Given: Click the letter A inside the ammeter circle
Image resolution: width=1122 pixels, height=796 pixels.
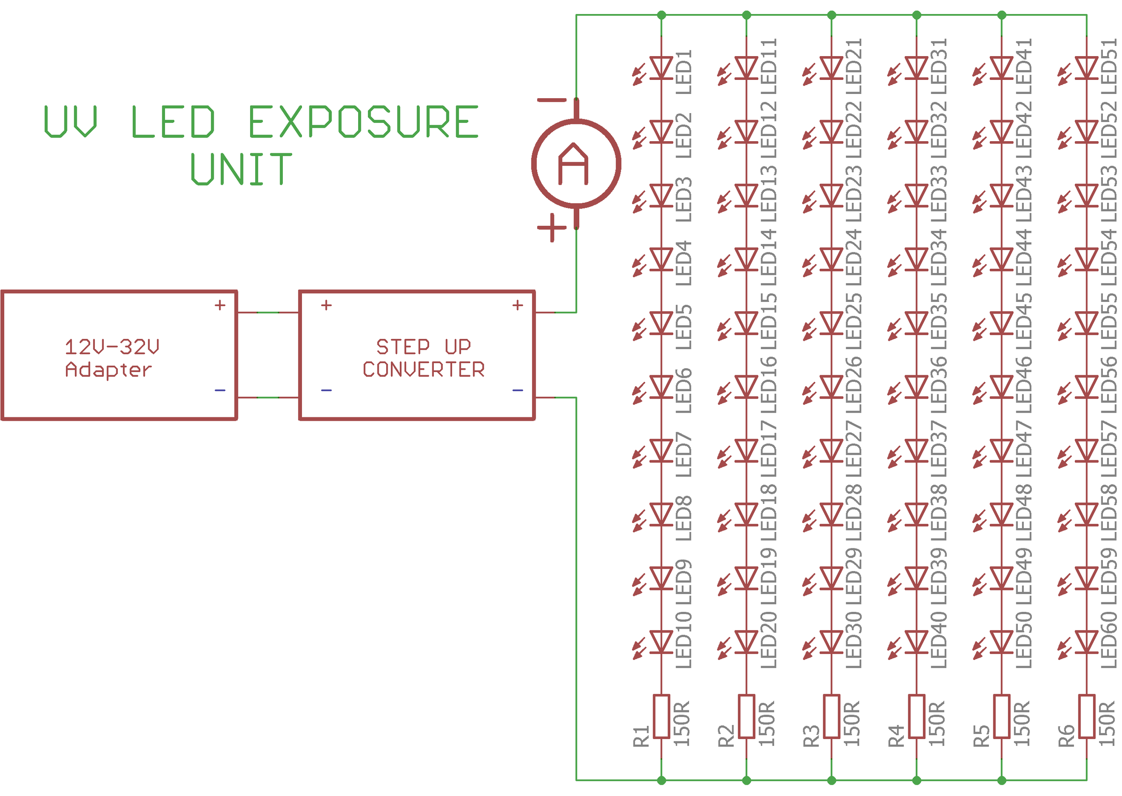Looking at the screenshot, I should (x=573, y=164).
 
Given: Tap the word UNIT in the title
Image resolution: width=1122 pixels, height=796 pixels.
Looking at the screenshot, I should (x=241, y=169).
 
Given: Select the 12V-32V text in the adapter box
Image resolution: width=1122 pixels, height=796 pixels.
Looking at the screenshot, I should (x=112, y=347).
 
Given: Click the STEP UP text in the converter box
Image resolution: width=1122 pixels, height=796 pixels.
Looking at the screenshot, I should (x=423, y=347).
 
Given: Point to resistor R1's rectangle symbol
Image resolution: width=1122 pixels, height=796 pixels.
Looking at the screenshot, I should (x=661, y=716).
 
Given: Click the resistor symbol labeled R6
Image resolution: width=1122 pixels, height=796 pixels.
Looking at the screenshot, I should (x=1087, y=716).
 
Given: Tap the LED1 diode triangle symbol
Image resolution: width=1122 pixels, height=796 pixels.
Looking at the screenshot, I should (x=661, y=68).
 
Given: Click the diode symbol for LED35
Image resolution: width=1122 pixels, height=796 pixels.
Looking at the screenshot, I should (x=917, y=323).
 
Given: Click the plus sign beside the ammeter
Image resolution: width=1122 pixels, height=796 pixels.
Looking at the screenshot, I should (x=552, y=228).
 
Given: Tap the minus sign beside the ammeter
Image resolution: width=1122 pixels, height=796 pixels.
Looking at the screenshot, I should (x=552, y=100).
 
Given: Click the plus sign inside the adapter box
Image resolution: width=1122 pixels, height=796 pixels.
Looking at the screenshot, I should (x=220, y=305).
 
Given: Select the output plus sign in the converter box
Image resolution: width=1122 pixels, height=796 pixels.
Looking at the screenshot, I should (x=518, y=305).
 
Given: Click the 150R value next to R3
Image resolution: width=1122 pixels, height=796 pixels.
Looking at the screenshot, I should (x=852, y=724).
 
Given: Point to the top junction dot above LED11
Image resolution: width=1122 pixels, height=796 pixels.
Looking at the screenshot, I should (x=747, y=15).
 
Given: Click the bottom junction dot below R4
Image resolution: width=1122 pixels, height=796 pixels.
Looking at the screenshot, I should (x=917, y=780).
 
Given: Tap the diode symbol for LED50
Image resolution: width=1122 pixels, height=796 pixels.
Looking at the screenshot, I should (x=1001, y=642).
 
